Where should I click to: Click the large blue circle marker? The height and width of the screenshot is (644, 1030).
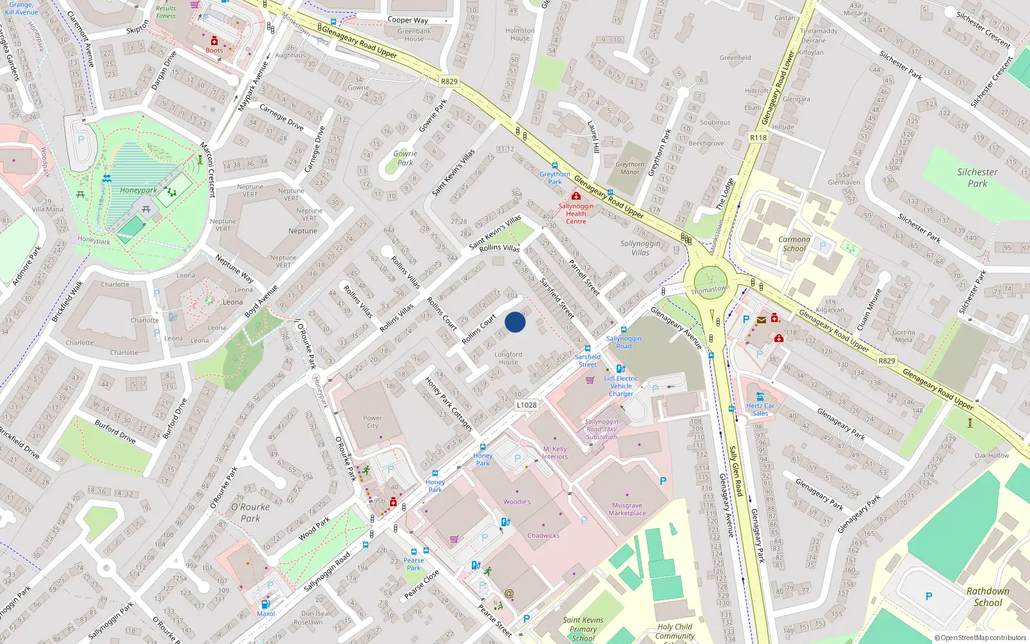515,322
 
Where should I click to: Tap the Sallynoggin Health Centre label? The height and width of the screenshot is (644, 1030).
576,214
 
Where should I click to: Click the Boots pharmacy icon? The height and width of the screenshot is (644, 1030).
214,41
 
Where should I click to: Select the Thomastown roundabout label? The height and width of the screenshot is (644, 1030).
710,289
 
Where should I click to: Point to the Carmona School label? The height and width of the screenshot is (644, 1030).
794,243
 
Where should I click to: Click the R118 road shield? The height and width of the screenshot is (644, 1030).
758,137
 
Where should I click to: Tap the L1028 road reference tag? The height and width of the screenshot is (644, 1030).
526,405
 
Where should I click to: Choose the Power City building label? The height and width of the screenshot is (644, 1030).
372,422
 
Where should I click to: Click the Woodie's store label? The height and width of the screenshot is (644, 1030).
517,502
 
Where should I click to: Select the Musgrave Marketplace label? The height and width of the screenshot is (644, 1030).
627,509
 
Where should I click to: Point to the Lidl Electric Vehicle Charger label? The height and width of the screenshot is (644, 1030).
621,386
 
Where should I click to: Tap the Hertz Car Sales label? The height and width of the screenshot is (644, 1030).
760,410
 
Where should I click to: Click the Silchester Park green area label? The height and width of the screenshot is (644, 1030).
977,178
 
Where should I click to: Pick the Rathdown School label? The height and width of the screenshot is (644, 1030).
988,597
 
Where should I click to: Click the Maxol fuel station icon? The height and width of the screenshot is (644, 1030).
265,604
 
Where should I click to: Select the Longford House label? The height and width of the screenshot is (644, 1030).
508,358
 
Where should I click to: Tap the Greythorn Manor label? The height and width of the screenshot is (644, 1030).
630,168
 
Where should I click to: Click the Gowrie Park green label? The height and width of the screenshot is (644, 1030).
405,158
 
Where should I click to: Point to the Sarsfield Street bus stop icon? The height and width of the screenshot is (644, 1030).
587,348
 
